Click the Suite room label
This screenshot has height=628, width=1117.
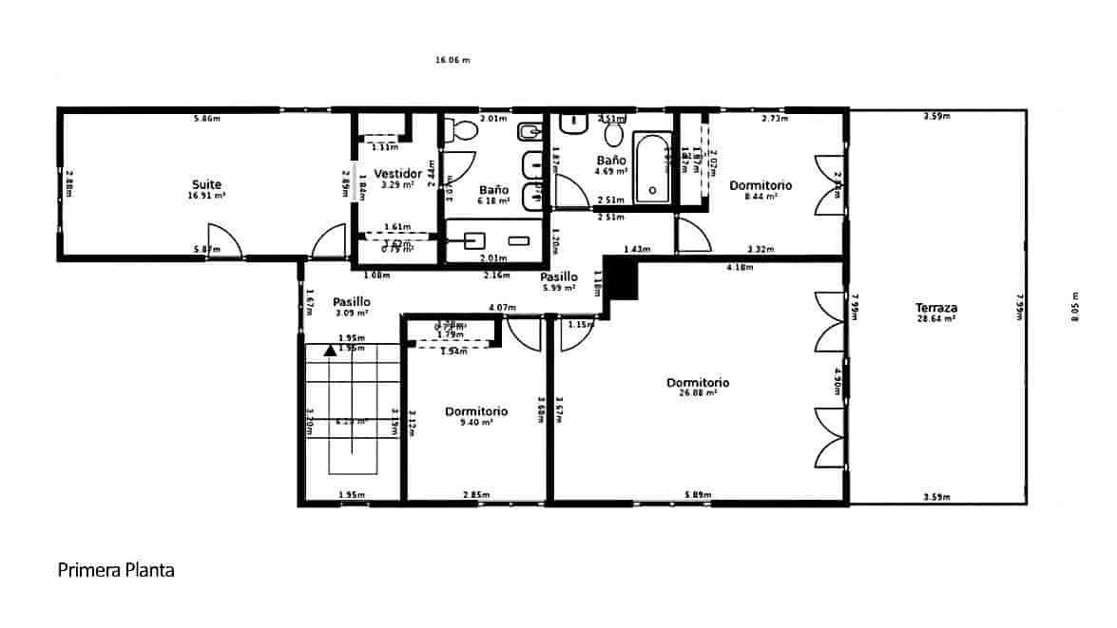coord(207,184)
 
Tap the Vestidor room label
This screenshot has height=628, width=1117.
coord(397,174)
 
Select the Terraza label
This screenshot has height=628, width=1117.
coord(935,308)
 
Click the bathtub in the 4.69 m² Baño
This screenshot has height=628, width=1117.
coord(652,168)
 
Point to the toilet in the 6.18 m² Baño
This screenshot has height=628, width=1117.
coord(462,131)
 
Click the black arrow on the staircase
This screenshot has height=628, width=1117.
coord(330,350)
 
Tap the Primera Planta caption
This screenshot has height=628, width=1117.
coord(116,570)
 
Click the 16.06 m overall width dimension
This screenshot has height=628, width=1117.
coord(453,60)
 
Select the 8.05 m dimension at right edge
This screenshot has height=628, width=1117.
coord(1075,307)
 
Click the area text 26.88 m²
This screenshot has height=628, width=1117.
coord(699,392)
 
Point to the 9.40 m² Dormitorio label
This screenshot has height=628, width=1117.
coord(476,411)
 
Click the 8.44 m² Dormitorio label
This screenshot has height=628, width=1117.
coord(761,185)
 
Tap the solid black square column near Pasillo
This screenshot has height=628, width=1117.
coord(623,279)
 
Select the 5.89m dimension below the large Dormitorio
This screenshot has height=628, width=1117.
coord(699,495)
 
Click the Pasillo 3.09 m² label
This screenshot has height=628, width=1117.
coord(351,301)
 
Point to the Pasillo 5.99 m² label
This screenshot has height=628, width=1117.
coord(559,277)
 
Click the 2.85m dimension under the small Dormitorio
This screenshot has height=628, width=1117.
coord(476,495)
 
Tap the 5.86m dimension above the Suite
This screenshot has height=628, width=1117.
coord(207,119)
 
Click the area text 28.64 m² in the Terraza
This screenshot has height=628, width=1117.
coord(935,319)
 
